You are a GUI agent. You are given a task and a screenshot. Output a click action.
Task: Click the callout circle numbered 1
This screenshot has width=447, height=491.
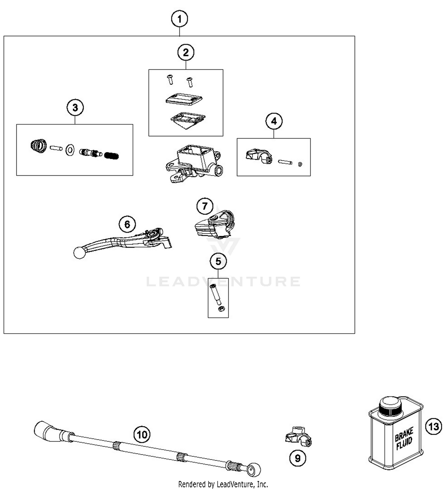pyautogui.click(x=179, y=19)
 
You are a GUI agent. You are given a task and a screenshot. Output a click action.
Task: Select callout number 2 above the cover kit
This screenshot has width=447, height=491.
pyautogui.click(x=186, y=52)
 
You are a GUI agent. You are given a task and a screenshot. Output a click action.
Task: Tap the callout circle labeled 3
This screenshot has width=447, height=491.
pyautogui.click(x=75, y=107)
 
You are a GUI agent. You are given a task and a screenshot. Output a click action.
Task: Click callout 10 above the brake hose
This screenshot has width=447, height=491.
pyautogui.click(x=142, y=434)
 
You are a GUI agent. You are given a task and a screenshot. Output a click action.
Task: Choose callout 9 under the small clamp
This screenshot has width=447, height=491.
pyautogui.click(x=297, y=458)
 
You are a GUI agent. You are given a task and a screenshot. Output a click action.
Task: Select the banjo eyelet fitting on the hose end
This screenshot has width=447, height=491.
pyautogui.click(x=254, y=470)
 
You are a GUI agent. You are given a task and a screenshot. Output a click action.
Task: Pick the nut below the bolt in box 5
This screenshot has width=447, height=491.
pyautogui.click(x=221, y=309)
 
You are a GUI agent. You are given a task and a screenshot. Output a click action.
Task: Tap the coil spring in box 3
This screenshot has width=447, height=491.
pyautogui.click(x=112, y=155)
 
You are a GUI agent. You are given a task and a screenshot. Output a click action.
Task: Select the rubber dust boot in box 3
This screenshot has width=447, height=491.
pyautogui.click(x=39, y=145)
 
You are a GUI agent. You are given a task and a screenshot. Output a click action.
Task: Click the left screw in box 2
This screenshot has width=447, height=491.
pyautogui.click(x=170, y=80)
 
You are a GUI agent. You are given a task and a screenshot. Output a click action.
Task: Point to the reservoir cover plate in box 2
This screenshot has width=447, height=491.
pyautogui.click(x=184, y=99)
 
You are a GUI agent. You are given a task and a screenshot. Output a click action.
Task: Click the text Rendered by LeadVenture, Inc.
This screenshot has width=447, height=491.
pyautogui.click(x=223, y=484)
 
